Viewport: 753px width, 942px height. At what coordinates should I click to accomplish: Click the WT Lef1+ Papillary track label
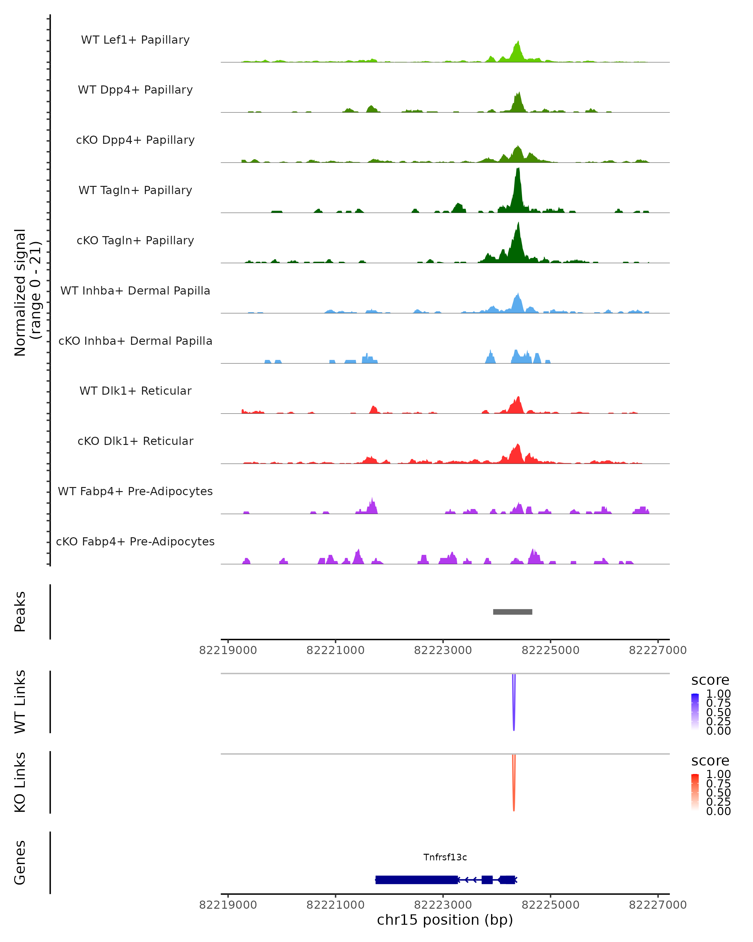pyautogui.click(x=135, y=40)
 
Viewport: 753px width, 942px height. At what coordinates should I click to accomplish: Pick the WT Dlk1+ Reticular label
pyautogui.click(x=135, y=391)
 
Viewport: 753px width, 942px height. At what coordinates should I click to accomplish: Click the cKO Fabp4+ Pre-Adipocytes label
pyautogui.click(x=135, y=541)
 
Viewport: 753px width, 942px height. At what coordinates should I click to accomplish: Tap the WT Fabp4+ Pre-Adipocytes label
pyautogui.click(x=135, y=491)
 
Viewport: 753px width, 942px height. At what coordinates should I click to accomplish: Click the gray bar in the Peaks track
pyautogui.click(x=512, y=612)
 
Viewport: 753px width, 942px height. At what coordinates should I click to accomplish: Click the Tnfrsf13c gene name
pyautogui.click(x=445, y=857)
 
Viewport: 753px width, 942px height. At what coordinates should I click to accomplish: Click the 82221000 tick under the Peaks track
pyautogui.click(x=335, y=650)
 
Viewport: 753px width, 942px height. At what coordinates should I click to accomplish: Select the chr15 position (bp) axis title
pyautogui.click(x=445, y=920)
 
